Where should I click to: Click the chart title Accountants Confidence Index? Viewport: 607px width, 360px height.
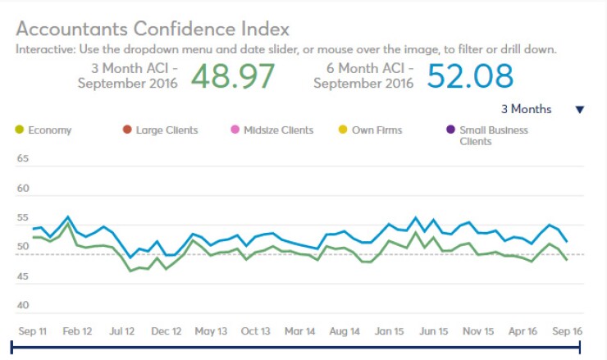coord(153,29)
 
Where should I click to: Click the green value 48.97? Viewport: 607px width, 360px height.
coord(233,75)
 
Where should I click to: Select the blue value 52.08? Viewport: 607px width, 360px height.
coord(470,75)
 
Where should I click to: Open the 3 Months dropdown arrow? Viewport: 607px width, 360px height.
coord(579,110)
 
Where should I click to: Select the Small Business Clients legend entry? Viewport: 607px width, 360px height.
coord(493,135)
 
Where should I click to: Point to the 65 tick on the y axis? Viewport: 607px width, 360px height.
coord(23,158)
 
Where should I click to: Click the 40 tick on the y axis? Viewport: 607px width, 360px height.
coord(23,306)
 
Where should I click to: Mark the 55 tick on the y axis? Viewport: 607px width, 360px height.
coord(23,217)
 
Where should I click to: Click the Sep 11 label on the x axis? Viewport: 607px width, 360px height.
coord(33,331)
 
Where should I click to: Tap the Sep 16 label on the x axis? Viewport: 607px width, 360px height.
coord(566,331)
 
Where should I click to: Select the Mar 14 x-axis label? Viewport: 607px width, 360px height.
coord(300,331)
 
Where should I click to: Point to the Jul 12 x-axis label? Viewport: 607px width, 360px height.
coord(121,331)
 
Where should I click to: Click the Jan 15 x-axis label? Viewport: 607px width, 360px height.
coord(389,331)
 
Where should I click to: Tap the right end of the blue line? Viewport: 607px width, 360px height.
coord(567,241)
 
